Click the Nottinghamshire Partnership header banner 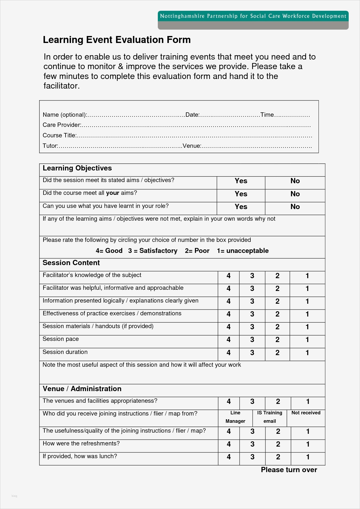tap(253, 16)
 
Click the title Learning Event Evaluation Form tap(117, 40)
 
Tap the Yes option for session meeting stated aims tap(241, 181)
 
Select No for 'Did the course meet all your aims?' tap(295, 194)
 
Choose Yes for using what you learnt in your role tap(241, 207)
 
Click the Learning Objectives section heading tap(77, 168)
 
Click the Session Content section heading tap(71, 263)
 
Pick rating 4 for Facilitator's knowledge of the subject tap(229, 276)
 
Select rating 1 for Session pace tap(307, 340)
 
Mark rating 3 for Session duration tap(252, 353)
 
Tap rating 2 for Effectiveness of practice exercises tap(277, 314)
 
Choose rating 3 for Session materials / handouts tap(252, 327)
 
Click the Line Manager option tap(235, 417)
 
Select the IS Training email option tap(269, 417)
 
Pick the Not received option tap(306, 413)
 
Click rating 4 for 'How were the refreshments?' tap(229, 444)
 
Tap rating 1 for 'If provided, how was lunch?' tap(308, 457)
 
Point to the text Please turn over tap(289, 470)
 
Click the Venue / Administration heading tap(82, 389)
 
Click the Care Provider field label tap(61, 125)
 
